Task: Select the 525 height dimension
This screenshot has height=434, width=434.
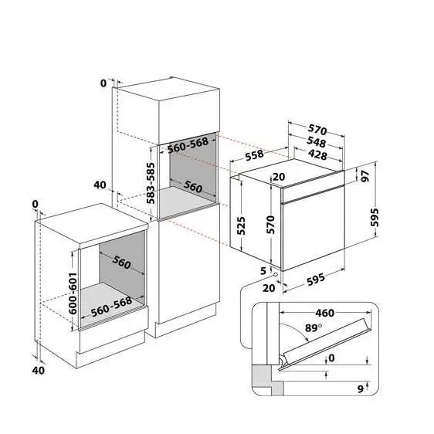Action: [242, 224]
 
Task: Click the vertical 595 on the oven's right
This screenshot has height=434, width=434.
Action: [375, 219]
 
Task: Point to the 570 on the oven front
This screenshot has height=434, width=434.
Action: [271, 224]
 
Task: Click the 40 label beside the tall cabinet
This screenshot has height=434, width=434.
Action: [99, 185]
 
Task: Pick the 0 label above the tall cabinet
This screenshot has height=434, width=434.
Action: [103, 83]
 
